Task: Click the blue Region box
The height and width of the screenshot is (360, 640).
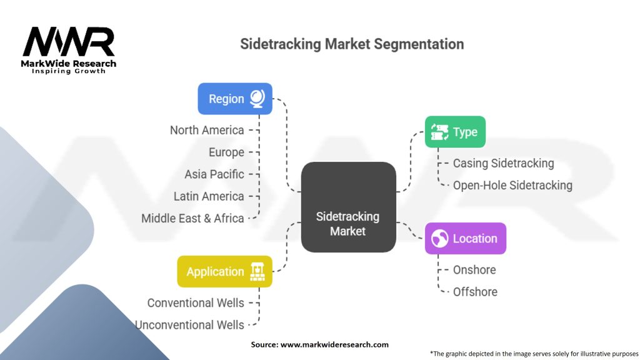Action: (235, 99)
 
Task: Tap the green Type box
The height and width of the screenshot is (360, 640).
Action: (455, 132)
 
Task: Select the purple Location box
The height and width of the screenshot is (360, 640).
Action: (465, 238)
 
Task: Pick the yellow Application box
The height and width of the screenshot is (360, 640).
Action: (224, 271)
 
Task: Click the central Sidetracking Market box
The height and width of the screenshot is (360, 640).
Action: (348, 207)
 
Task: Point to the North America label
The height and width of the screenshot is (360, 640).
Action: (207, 130)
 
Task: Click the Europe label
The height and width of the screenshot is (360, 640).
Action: (226, 152)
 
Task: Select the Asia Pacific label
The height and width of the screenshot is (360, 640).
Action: (214, 174)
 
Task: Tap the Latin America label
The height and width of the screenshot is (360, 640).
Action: (209, 196)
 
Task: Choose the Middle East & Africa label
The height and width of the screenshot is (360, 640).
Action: (192, 218)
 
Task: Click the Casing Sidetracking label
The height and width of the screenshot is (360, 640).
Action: (504, 163)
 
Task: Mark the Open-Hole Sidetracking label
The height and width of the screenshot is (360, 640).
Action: (512, 185)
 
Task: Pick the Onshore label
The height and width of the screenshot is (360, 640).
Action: (474, 270)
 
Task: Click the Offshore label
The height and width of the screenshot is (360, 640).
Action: (475, 292)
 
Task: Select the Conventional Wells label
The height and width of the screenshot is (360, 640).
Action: (196, 303)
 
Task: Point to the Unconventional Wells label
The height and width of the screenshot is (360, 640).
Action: (190, 325)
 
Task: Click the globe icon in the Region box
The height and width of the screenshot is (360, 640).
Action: (257, 99)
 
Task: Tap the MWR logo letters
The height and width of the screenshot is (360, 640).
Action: (69, 42)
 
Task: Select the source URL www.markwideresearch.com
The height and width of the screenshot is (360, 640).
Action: (335, 344)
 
